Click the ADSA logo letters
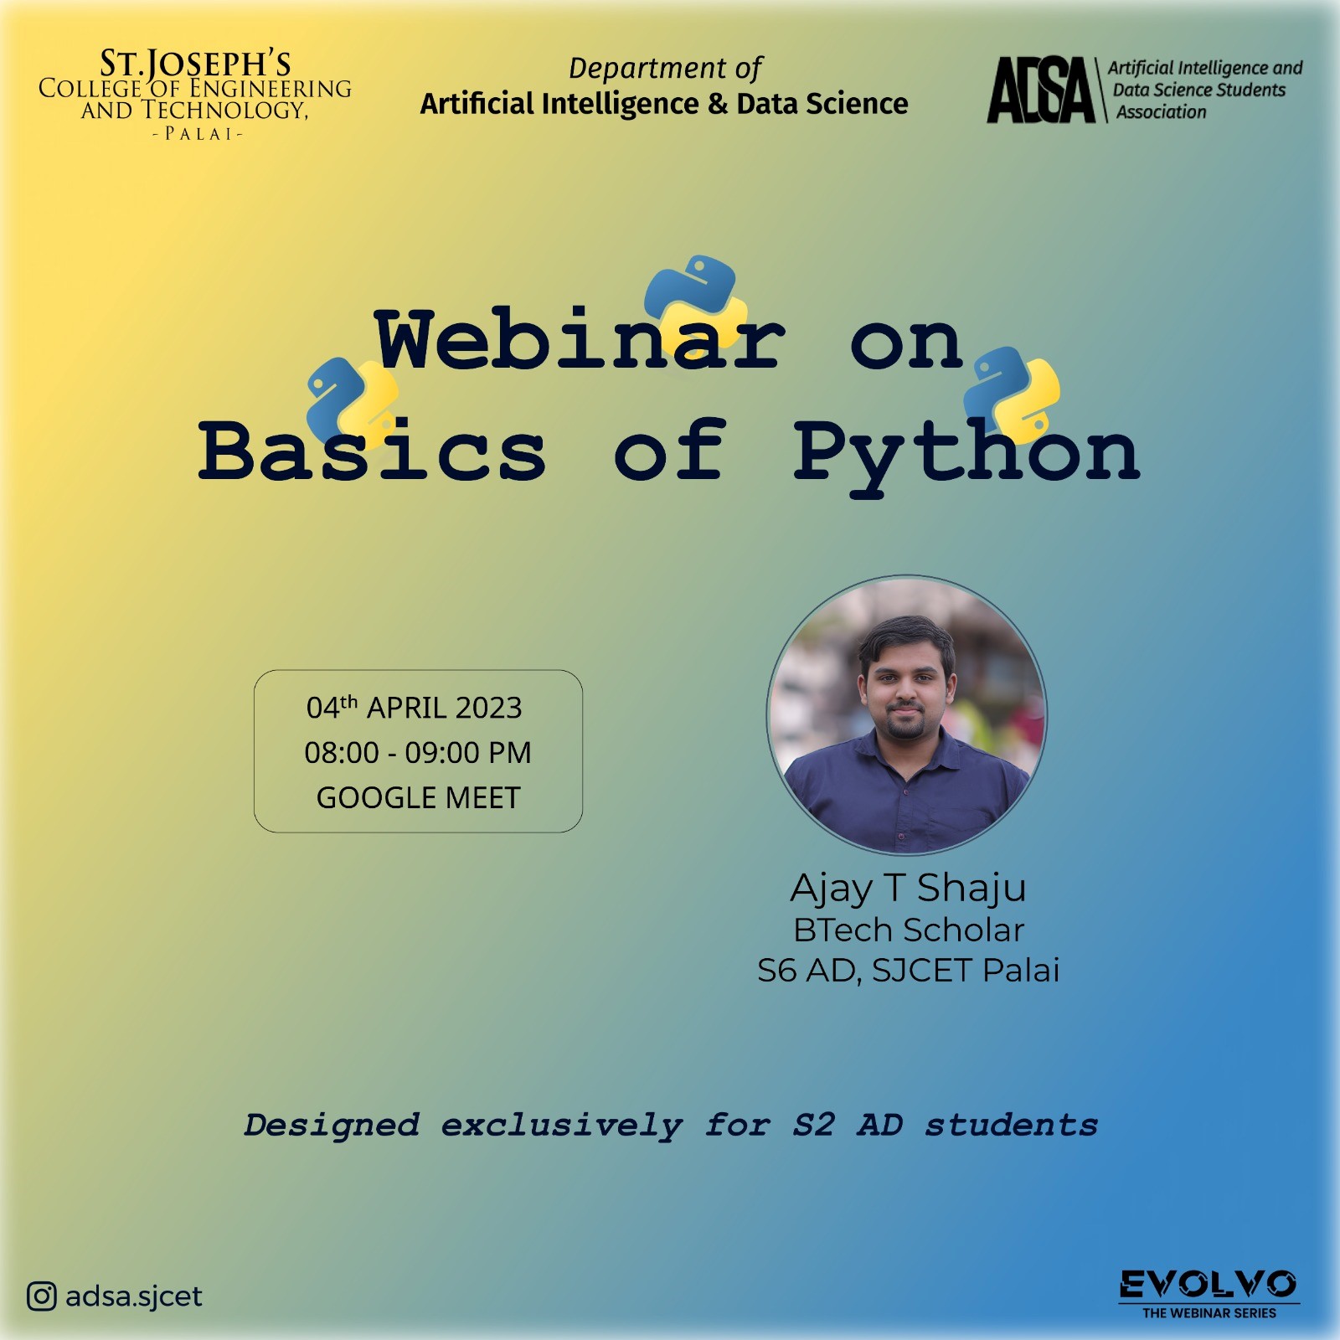point(1041,90)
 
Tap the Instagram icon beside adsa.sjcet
point(42,1296)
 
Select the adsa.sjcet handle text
point(134,1296)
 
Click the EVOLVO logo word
point(1209,1284)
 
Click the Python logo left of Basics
point(352,402)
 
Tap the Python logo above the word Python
point(1012,394)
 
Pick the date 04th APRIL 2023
point(415,708)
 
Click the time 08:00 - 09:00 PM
point(418,752)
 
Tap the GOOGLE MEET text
point(418,797)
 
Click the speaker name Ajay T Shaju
point(908,889)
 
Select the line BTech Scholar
point(909,930)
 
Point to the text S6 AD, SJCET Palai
point(909,970)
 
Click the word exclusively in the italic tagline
point(562,1126)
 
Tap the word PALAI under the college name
point(198,134)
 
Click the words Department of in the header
point(665,68)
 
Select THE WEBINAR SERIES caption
point(1209,1313)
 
